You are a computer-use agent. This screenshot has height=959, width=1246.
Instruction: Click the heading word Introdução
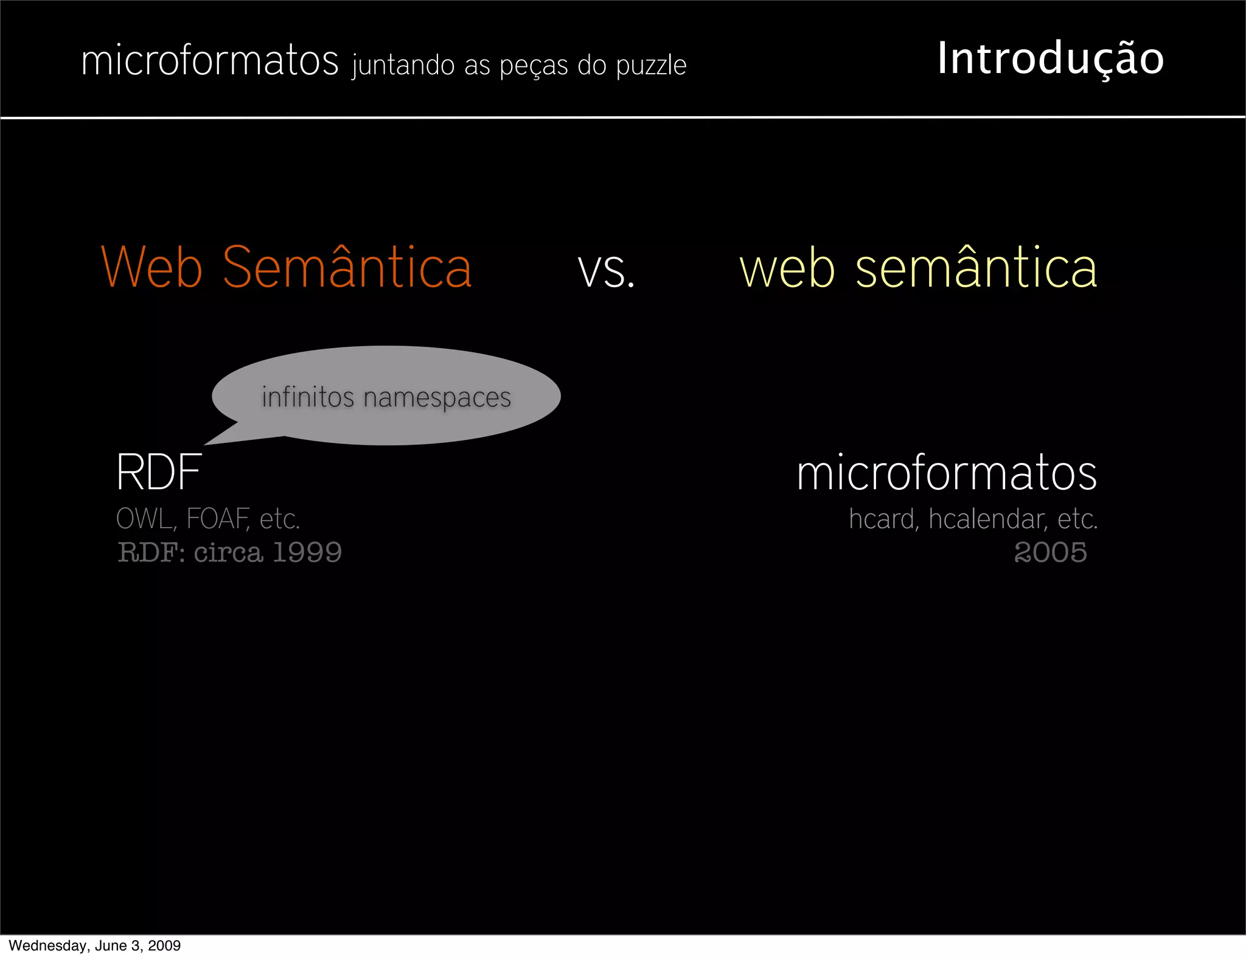click(x=1050, y=59)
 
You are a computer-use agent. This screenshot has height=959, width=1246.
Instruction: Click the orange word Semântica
click(x=347, y=268)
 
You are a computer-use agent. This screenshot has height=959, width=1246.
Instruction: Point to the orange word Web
click(x=151, y=268)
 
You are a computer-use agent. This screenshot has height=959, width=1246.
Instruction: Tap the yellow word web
click(x=787, y=269)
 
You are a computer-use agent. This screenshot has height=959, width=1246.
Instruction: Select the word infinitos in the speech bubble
click(x=308, y=397)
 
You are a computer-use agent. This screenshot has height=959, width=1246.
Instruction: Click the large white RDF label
click(x=159, y=472)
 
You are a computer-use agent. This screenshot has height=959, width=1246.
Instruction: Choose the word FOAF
click(x=217, y=519)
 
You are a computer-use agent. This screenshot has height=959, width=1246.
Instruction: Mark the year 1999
click(x=307, y=552)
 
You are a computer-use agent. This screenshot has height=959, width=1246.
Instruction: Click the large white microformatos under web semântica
click(x=947, y=473)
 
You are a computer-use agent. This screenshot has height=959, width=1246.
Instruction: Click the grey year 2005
click(x=1050, y=552)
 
